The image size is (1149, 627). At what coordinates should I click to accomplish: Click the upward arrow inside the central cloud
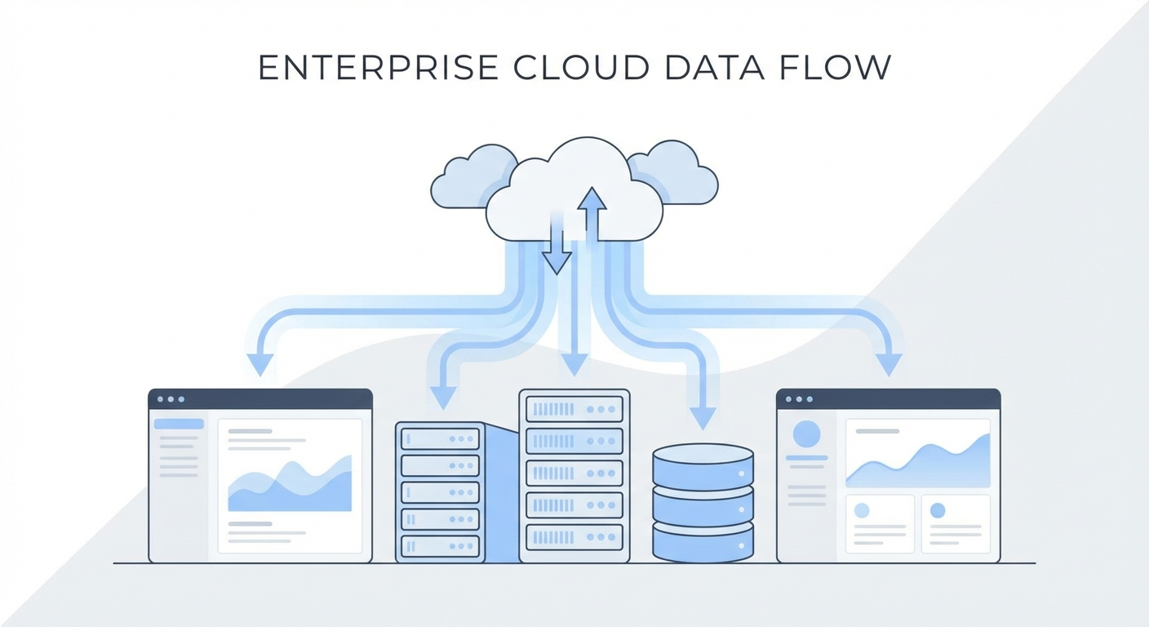click(592, 212)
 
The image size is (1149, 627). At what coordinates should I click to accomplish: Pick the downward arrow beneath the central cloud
click(557, 249)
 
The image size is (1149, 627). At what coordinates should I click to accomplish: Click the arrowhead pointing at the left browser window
click(260, 364)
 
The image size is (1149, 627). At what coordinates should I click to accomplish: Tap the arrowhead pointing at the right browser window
click(889, 364)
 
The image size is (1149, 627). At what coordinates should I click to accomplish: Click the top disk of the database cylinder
click(703, 462)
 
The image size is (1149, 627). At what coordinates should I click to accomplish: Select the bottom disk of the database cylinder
click(703, 542)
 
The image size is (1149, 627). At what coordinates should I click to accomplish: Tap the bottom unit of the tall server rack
click(574, 536)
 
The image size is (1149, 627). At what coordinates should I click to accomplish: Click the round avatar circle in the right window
click(806, 434)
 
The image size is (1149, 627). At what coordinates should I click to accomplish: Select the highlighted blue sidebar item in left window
click(179, 424)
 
